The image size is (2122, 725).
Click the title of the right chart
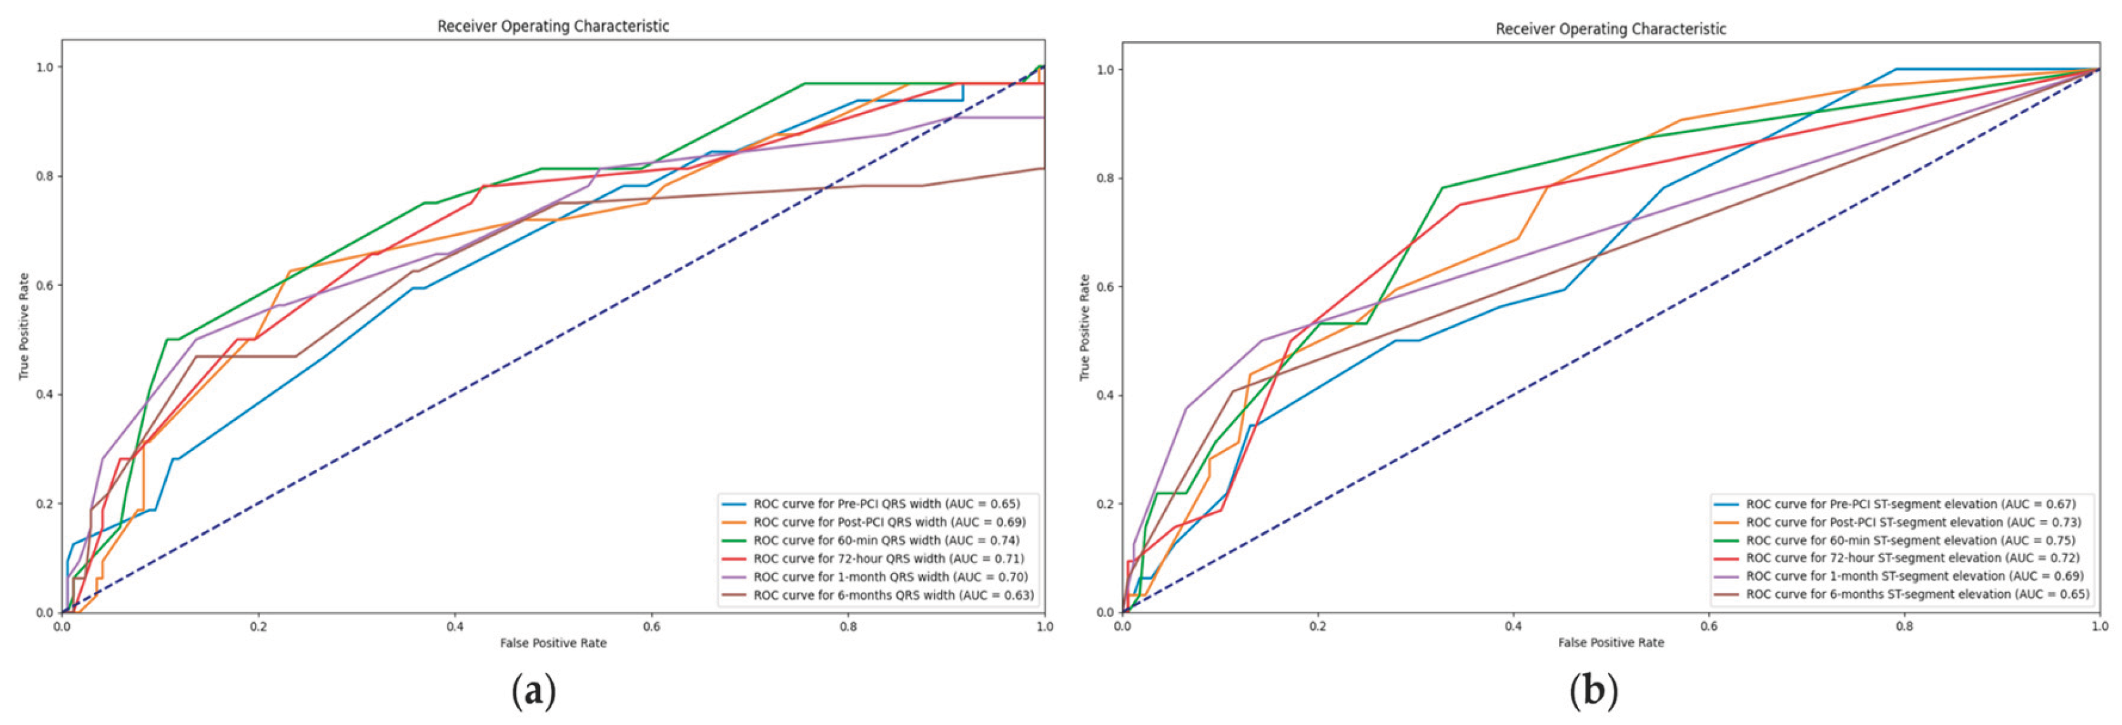tap(1610, 29)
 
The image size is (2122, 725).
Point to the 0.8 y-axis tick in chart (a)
tap(44, 176)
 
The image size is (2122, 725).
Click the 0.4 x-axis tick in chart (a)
tap(455, 627)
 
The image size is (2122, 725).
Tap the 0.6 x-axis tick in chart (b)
tap(1709, 627)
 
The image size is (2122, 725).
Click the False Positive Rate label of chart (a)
tap(553, 643)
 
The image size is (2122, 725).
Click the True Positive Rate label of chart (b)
tap(1084, 327)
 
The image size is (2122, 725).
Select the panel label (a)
tap(534, 690)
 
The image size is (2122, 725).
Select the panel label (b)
tap(1593, 690)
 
